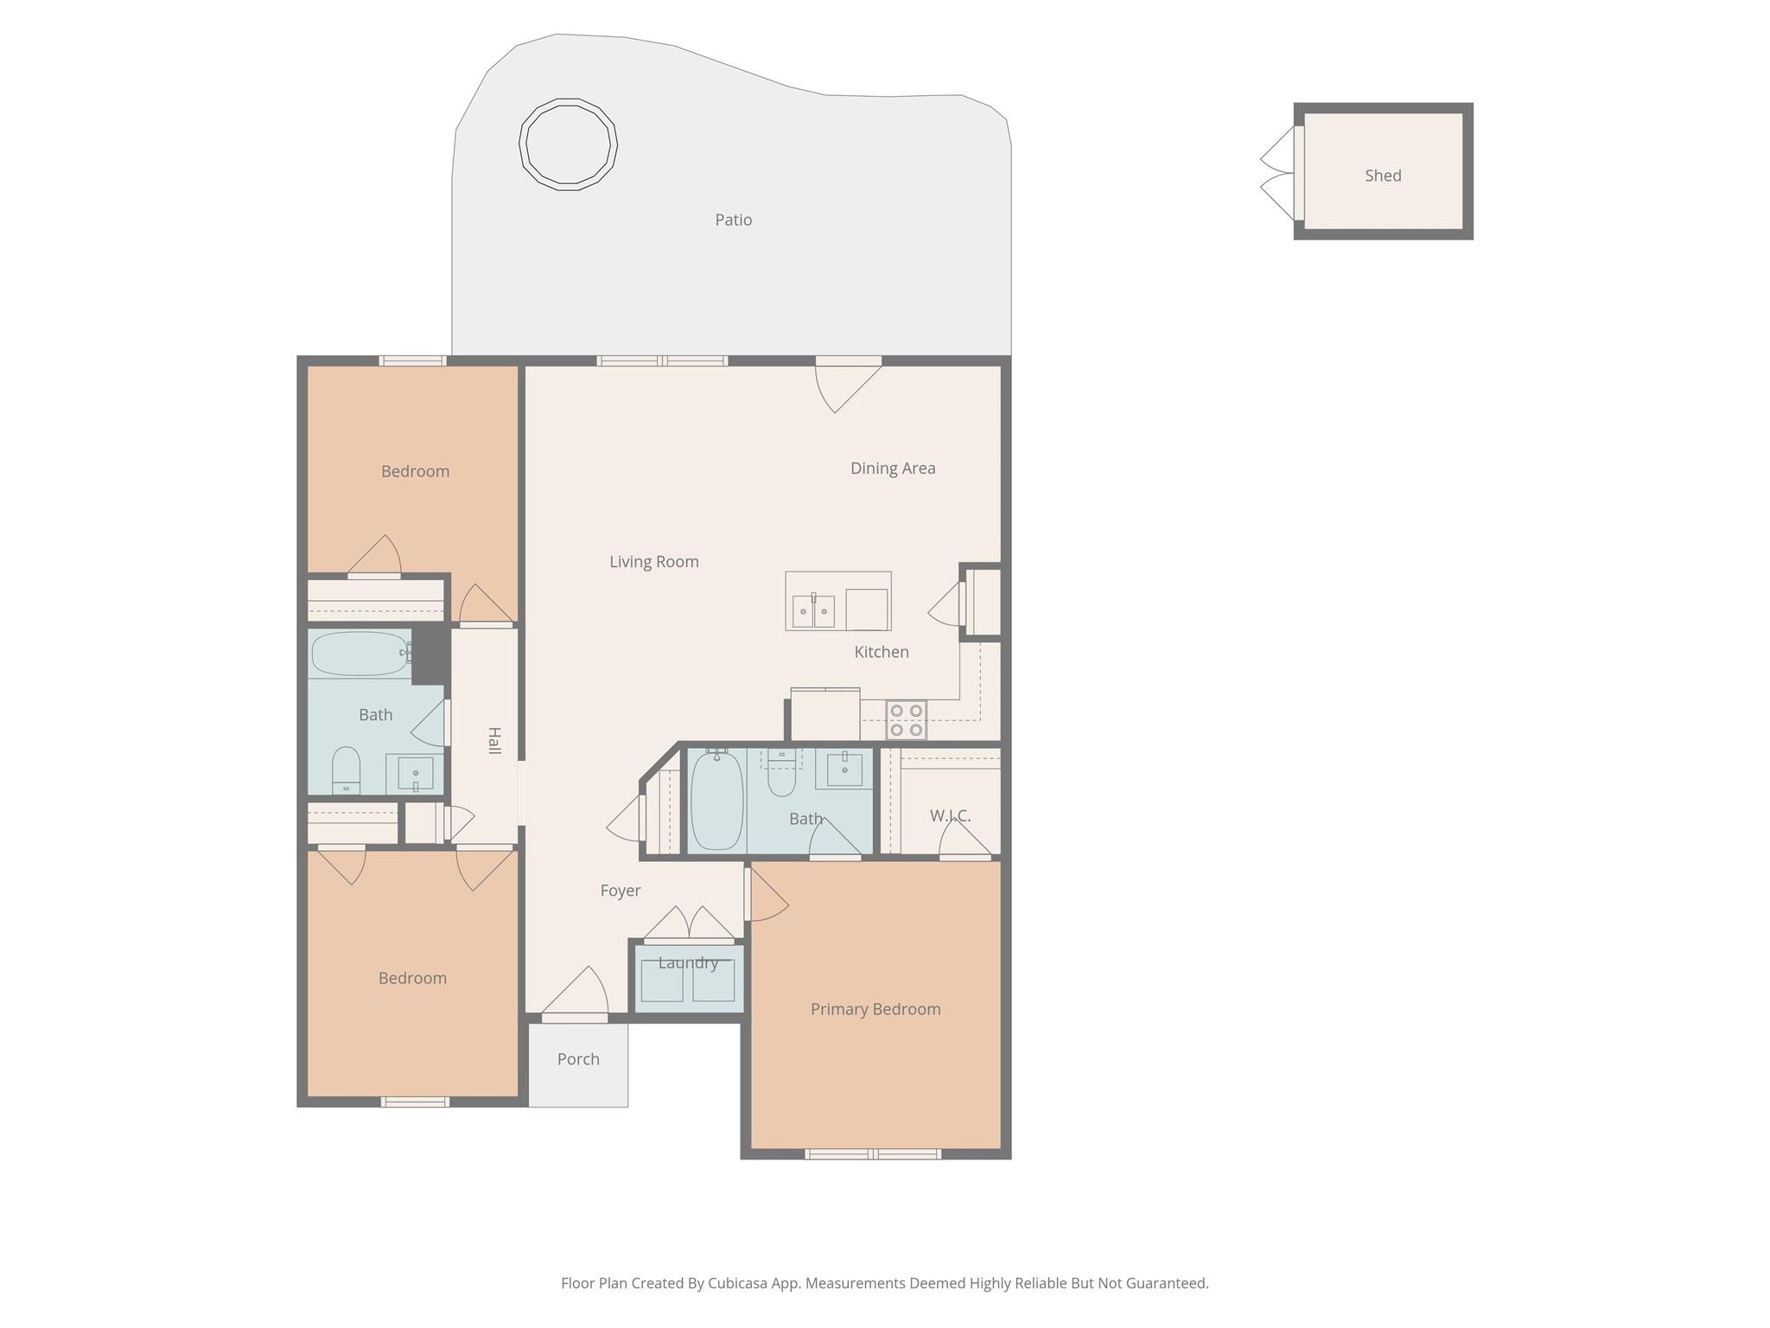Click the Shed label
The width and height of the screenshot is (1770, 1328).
coord(1382,176)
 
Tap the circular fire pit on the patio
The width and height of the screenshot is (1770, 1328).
coord(568,144)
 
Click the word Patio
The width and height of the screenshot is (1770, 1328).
coord(733,220)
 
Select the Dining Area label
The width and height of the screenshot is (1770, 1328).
coord(892,469)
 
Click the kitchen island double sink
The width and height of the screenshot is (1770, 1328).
coord(813,610)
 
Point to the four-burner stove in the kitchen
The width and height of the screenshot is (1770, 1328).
coord(906,720)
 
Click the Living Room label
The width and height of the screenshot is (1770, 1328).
coord(653,562)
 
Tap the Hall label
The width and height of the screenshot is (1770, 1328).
coord(494,740)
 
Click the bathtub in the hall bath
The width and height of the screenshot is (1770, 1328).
coord(359,654)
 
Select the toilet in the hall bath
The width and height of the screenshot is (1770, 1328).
coord(346,769)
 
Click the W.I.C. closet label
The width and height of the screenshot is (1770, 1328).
coord(950,815)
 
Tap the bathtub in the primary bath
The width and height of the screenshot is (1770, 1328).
coord(716,800)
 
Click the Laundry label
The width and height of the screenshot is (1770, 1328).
coord(688,963)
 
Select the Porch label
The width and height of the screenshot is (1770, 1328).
coord(578,1059)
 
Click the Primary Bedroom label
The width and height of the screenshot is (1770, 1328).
coord(875,1009)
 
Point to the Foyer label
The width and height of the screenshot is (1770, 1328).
coord(620,891)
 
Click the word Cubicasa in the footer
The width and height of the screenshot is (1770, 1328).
coord(739,1283)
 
